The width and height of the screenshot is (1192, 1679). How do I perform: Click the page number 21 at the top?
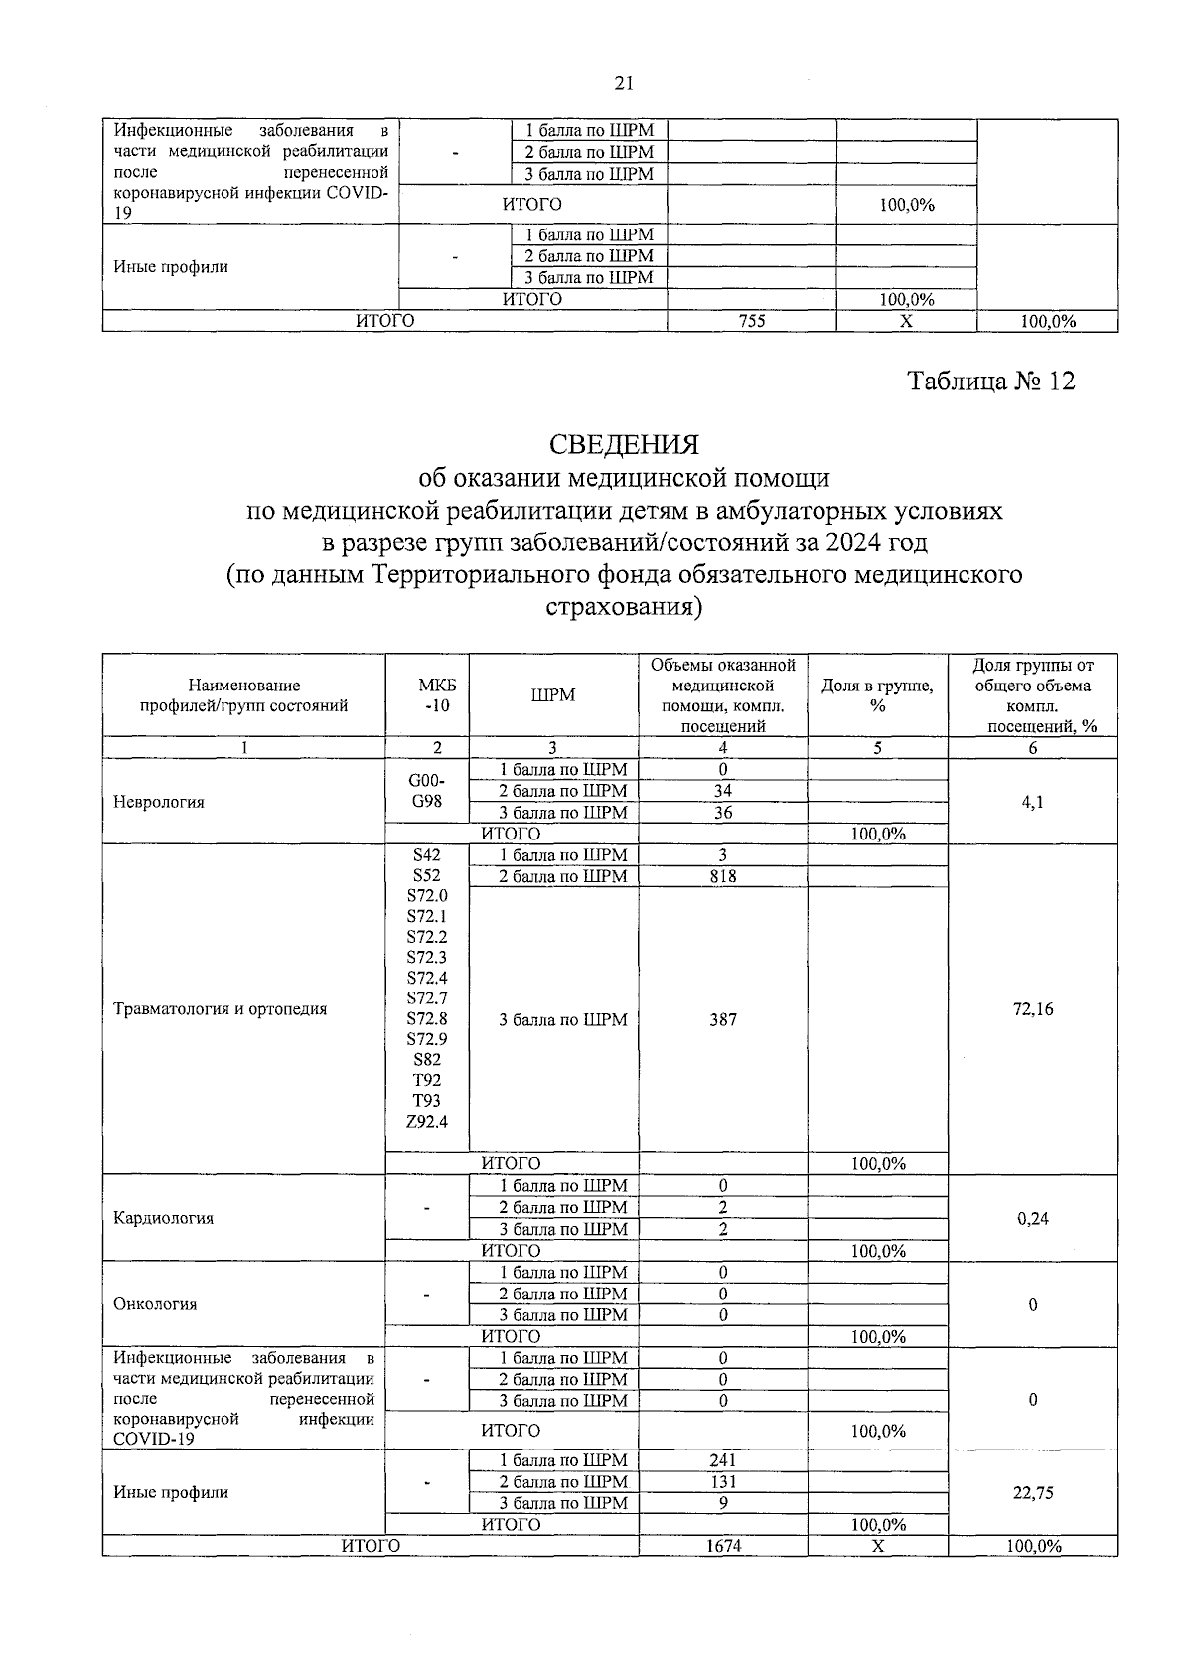[x=624, y=84]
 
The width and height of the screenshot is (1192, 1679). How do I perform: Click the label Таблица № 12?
[x=991, y=382]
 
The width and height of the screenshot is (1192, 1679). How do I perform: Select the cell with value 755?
[x=752, y=321]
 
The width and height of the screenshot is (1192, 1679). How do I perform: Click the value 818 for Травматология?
[x=723, y=876]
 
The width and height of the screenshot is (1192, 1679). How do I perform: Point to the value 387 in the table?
[x=723, y=1019]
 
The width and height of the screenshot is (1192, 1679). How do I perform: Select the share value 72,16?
[x=1033, y=1009]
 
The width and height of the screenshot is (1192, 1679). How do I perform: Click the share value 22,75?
[x=1033, y=1492]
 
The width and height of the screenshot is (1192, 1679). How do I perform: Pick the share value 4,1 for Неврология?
[x=1033, y=802]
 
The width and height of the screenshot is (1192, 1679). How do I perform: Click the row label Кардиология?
[x=164, y=1218]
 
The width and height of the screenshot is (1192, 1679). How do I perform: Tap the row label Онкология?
[x=156, y=1304]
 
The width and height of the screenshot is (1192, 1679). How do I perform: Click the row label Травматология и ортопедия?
[x=221, y=1009]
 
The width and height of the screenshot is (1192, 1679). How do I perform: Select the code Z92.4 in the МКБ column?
[x=427, y=1122]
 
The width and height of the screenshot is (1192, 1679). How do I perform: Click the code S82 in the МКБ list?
[x=427, y=1060]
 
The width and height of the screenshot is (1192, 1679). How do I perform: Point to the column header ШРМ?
[x=553, y=695]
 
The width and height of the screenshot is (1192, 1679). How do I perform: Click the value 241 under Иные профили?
[x=723, y=1460]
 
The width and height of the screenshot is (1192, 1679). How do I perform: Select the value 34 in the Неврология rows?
[x=723, y=791]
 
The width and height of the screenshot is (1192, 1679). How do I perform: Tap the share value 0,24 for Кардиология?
[x=1033, y=1218]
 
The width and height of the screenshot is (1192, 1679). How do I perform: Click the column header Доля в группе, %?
[x=877, y=695]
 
